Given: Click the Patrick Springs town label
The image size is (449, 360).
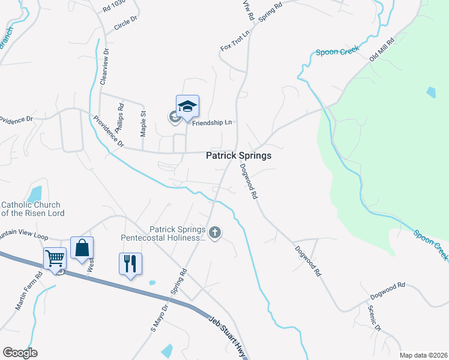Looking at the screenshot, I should tap(238, 155).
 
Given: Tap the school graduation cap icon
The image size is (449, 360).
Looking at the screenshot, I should tap(187, 106).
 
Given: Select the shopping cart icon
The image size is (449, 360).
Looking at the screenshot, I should tap(55, 258).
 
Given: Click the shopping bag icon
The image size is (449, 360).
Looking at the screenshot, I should tap(82, 247).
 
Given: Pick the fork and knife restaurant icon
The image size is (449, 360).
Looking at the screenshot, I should tap(130, 263).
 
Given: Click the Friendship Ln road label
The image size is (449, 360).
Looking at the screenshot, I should tap(211, 122).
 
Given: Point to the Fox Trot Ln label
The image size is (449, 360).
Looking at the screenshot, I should tap(235, 40).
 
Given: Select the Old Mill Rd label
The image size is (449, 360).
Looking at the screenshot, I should tap(382, 49).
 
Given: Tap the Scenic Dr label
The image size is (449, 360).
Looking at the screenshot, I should tap(374, 319).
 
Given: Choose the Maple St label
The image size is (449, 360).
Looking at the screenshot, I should tap(143, 122).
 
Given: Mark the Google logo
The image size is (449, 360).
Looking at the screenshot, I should tap(20, 352).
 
